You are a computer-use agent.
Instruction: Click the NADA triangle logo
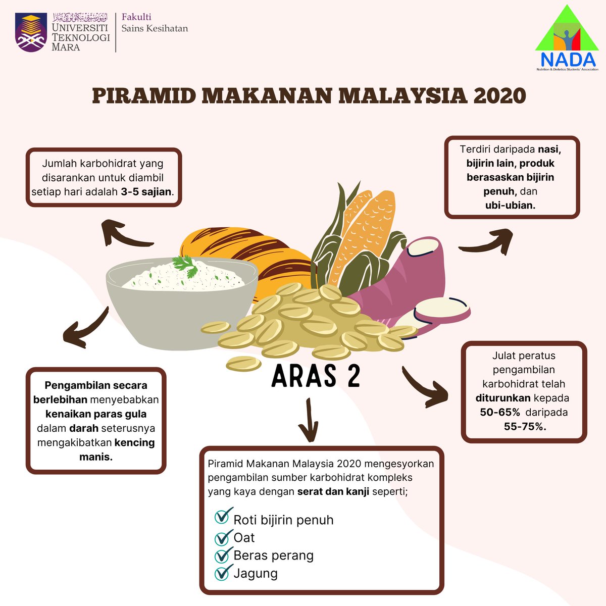click(x=566, y=38)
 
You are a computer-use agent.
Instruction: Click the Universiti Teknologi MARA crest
click(x=31, y=32)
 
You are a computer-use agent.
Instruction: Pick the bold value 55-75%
click(x=525, y=426)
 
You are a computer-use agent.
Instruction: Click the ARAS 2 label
click(x=316, y=376)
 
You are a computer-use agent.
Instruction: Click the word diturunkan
click(x=502, y=398)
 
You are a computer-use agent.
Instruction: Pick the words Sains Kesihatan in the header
click(x=155, y=29)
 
